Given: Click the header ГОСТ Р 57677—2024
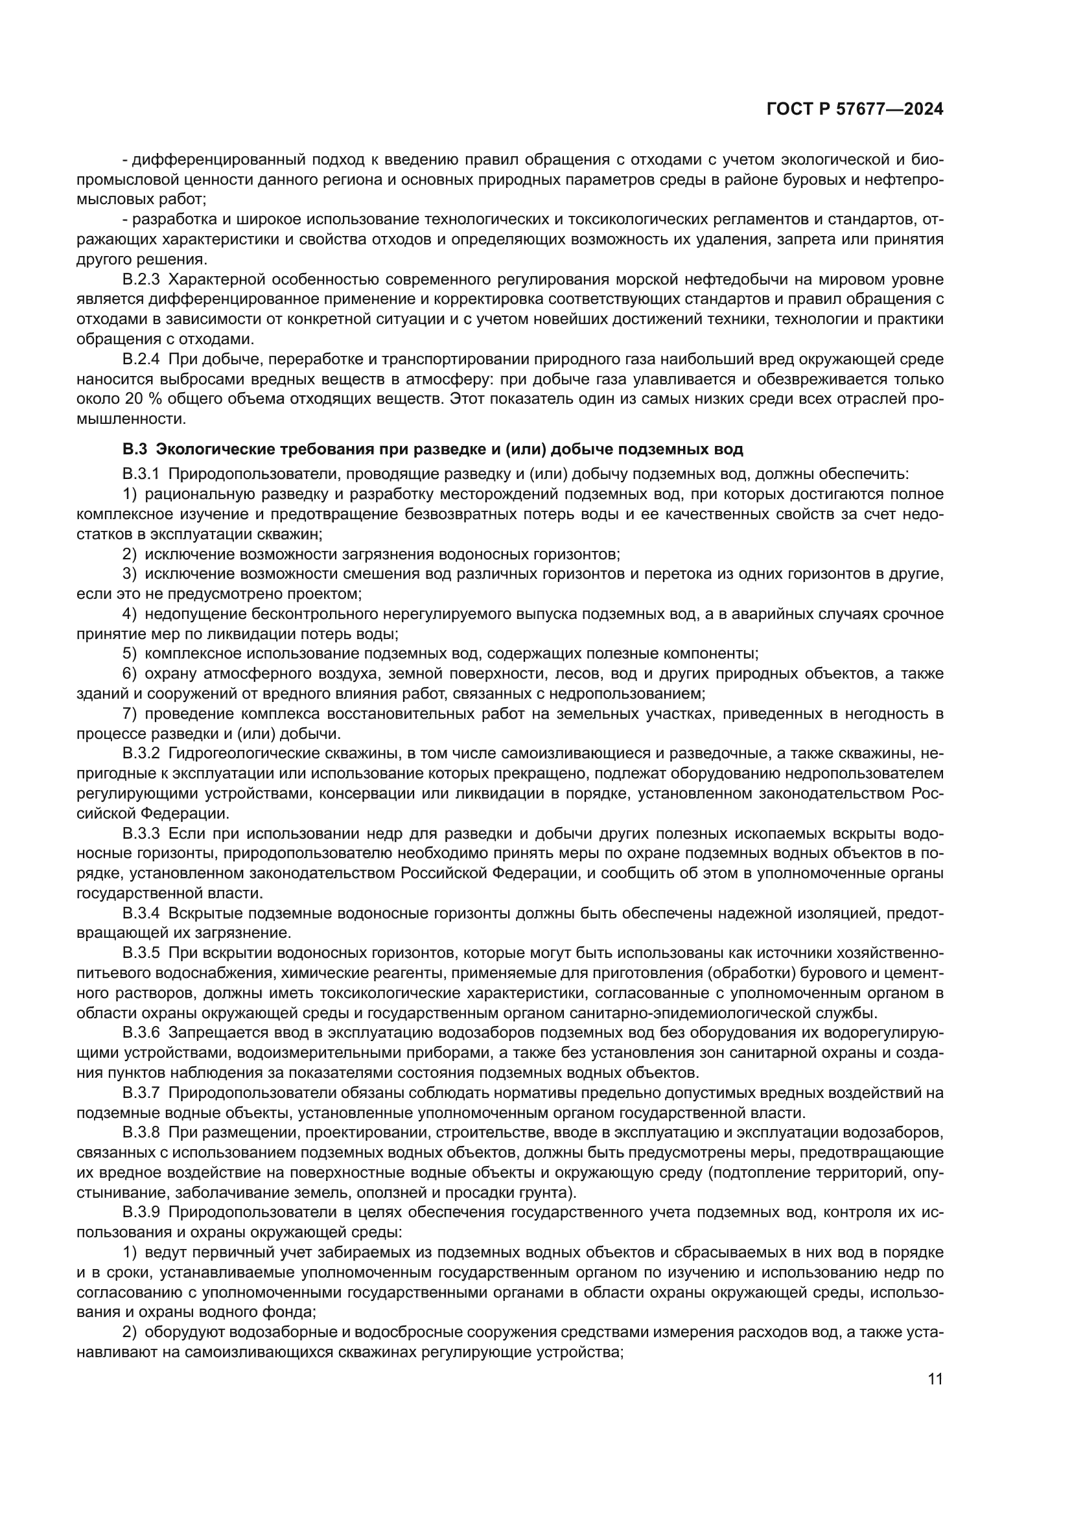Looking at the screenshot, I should (x=855, y=110).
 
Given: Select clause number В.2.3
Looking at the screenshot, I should (x=141, y=279).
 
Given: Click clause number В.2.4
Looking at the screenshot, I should (x=141, y=359).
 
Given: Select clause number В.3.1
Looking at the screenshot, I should (x=141, y=474).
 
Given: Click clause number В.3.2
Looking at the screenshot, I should (x=141, y=752).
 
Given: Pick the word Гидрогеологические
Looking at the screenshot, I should (x=244, y=752).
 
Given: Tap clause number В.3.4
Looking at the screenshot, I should (x=141, y=913).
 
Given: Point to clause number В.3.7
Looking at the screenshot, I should (x=141, y=1093).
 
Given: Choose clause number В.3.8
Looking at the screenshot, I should (x=141, y=1133).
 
